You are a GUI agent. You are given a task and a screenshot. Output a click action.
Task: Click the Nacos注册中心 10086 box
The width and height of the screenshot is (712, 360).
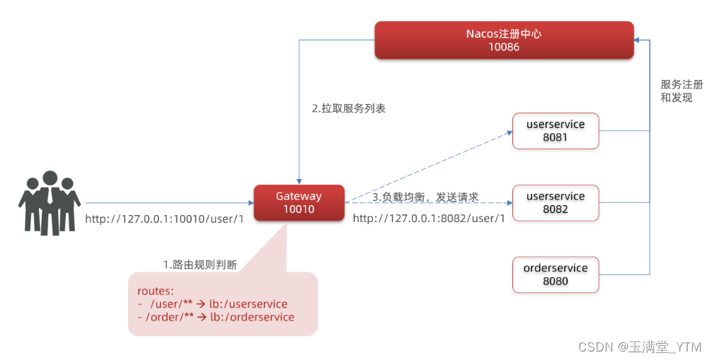[x=503, y=40]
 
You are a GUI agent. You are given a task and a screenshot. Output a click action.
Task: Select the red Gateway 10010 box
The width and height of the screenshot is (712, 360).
[x=299, y=202]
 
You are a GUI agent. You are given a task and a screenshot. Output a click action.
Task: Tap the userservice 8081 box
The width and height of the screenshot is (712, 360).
[x=556, y=131]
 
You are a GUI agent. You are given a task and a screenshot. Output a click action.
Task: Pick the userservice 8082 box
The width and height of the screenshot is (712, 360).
[x=556, y=203]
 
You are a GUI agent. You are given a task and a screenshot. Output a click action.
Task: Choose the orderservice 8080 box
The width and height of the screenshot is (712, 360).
[x=556, y=274]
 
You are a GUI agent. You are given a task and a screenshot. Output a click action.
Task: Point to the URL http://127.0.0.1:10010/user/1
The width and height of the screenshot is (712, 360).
[x=164, y=219]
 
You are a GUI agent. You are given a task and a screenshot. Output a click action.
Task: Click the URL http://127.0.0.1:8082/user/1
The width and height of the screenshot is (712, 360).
[x=429, y=219]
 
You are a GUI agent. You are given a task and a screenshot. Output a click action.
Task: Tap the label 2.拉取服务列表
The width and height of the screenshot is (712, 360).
[x=348, y=109]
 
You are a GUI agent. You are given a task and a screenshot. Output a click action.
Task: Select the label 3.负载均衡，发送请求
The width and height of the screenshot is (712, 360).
[x=425, y=197]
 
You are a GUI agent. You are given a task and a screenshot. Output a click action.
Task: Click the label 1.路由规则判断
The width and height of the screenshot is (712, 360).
[x=200, y=265]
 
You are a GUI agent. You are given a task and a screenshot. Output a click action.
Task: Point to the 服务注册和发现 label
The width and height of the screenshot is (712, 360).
[x=677, y=91]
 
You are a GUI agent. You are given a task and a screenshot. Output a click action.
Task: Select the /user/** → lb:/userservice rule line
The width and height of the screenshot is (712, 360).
[x=212, y=304]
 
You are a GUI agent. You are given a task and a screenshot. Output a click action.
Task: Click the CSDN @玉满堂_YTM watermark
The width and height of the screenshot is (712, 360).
[x=640, y=347]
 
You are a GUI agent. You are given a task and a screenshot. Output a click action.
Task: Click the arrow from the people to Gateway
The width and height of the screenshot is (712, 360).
[x=170, y=203]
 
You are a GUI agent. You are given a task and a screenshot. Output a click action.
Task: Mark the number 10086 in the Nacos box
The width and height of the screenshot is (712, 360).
[x=503, y=47]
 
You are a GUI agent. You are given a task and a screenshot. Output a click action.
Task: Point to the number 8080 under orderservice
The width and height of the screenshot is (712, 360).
[x=556, y=281]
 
